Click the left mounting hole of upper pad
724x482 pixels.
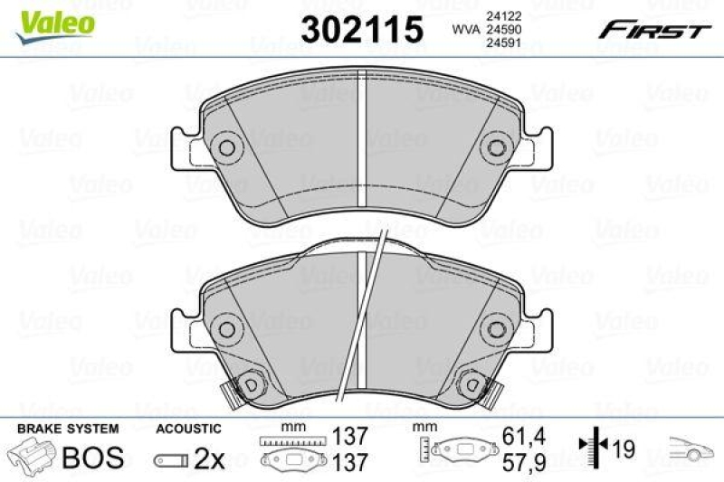tap(228, 148)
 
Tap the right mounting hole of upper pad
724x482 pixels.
tap(495, 148)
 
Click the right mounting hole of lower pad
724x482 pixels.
tap(495, 327)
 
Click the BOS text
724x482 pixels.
tap(92, 457)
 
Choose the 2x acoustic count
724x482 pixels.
tap(209, 459)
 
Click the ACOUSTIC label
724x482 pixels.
tap(188, 428)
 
